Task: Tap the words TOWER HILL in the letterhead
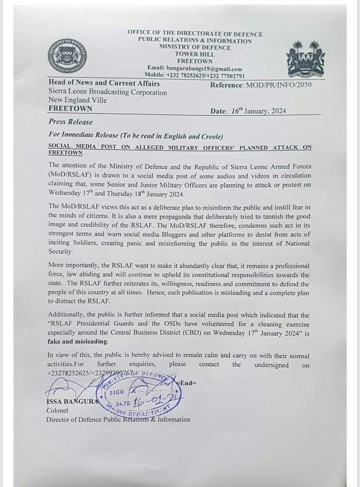point(195,54)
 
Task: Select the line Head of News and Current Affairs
point(104,84)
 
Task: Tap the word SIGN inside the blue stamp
point(117,392)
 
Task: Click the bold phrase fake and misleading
point(78,341)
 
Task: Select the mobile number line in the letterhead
point(195,75)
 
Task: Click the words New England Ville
point(78,100)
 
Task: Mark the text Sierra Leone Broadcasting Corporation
point(107,92)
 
